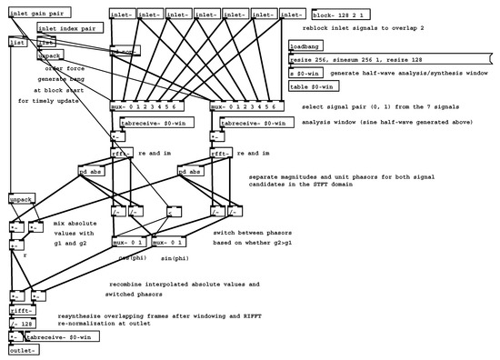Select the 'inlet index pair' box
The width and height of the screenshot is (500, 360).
(x=68, y=28)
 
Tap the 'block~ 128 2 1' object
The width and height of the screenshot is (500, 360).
(x=337, y=15)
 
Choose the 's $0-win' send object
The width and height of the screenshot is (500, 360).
(x=300, y=72)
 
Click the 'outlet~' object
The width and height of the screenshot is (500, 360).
(x=24, y=350)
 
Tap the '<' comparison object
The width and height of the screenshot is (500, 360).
(x=171, y=215)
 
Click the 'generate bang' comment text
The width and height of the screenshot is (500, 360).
(x=63, y=78)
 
